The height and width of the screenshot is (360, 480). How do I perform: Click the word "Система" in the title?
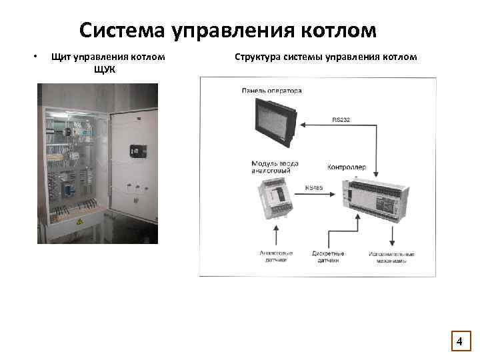coord(122,31)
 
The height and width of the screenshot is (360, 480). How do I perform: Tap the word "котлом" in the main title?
coord(336,31)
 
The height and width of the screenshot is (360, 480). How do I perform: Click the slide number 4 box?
coord(459,342)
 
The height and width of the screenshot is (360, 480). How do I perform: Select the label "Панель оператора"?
coord(272,91)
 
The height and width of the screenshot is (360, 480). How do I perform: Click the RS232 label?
coord(341,120)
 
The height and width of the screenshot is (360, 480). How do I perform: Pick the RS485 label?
coord(313,188)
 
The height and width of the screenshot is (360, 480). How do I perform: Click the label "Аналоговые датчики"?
coord(275,257)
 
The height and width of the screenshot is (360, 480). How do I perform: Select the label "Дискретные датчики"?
coord(328,257)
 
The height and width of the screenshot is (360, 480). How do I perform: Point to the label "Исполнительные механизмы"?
coord(392,257)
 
